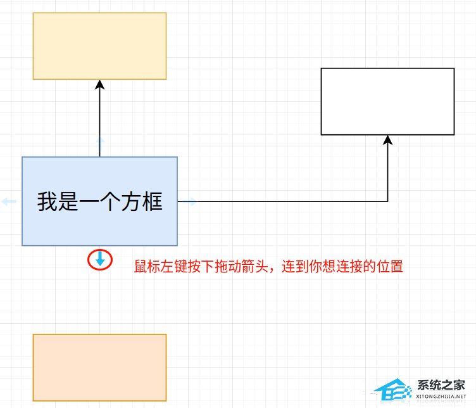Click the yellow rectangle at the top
(x=99, y=46)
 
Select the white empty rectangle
(x=387, y=101)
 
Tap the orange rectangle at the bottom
(x=99, y=367)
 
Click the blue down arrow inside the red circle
(x=100, y=258)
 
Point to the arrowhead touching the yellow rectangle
(x=99, y=84)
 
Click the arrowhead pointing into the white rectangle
(x=388, y=139)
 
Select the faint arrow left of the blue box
(x=9, y=201)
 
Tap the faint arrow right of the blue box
(x=191, y=201)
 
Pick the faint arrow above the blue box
(x=99, y=142)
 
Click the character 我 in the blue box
(x=47, y=201)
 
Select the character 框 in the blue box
(x=152, y=201)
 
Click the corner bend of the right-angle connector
(x=387, y=201)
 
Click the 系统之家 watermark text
(x=441, y=385)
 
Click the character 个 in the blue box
(x=100, y=201)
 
